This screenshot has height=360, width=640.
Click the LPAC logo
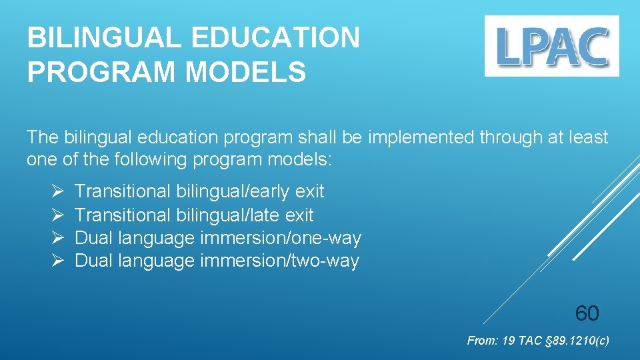[x=551, y=46]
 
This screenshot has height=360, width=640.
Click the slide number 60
[x=587, y=313]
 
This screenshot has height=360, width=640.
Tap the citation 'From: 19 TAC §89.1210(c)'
[x=537, y=341]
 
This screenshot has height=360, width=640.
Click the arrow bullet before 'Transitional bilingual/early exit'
[x=57, y=191]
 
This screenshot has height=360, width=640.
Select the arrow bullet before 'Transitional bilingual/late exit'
[x=57, y=215]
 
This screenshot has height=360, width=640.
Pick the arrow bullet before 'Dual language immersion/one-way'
[x=57, y=238]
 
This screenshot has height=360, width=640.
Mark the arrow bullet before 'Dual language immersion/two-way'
[x=57, y=261]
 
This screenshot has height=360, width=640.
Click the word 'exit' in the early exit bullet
[x=309, y=191]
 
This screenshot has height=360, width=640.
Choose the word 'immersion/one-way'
[x=280, y=238]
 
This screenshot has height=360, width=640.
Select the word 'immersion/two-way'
[x=279, y=261]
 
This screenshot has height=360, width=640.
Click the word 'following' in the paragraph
[x=151, y=161]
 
